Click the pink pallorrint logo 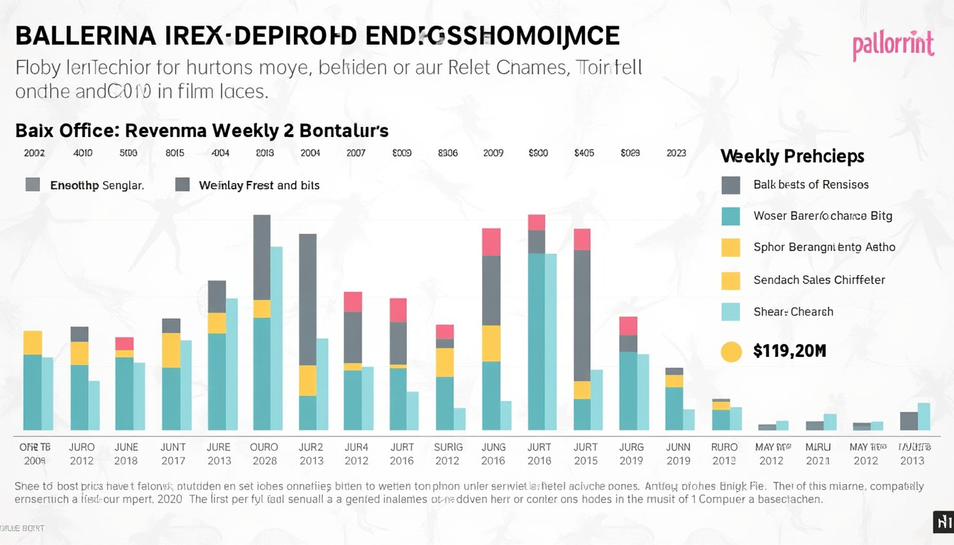[x=892, y=46]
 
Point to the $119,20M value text [x=789, y=351]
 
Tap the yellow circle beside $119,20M [x=730, y=351]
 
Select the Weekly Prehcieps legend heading [x=792, y=156]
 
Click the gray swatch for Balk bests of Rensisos [x=730, y=185]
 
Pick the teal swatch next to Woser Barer [x=730, y=216]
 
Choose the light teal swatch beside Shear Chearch [x=730, y=312]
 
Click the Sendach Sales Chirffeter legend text [x=819, y=280]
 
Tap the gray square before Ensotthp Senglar [x=33, y=185]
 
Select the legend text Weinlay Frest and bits [x=259, y=185]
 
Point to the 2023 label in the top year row [x=676, y=153]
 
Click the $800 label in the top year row [x=538, y=153]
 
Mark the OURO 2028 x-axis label [x=264, y=454]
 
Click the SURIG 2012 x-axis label [x=448, y=454]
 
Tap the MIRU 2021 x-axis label [x=818, y=454]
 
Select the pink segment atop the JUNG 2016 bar [x=491, y=241]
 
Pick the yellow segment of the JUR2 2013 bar [x=307, y=380]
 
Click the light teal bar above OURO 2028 [x=276, y=338]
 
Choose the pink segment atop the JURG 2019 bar [x=628, y=326]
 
